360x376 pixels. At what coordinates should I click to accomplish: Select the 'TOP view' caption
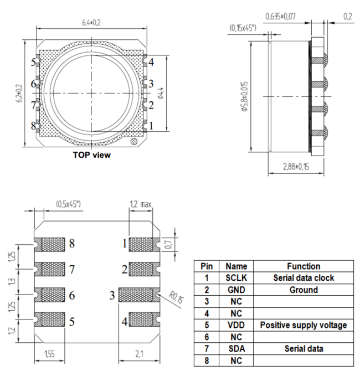point(91,155)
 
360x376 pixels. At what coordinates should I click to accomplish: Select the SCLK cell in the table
point(234,278)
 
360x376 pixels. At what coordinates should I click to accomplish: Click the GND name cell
point(234,290)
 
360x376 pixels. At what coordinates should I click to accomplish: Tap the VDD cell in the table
point(234,325)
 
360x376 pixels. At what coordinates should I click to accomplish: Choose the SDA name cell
point(234,349)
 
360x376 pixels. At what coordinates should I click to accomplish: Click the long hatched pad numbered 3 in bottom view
point(138,295)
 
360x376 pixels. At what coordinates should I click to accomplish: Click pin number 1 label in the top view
point(151,126)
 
